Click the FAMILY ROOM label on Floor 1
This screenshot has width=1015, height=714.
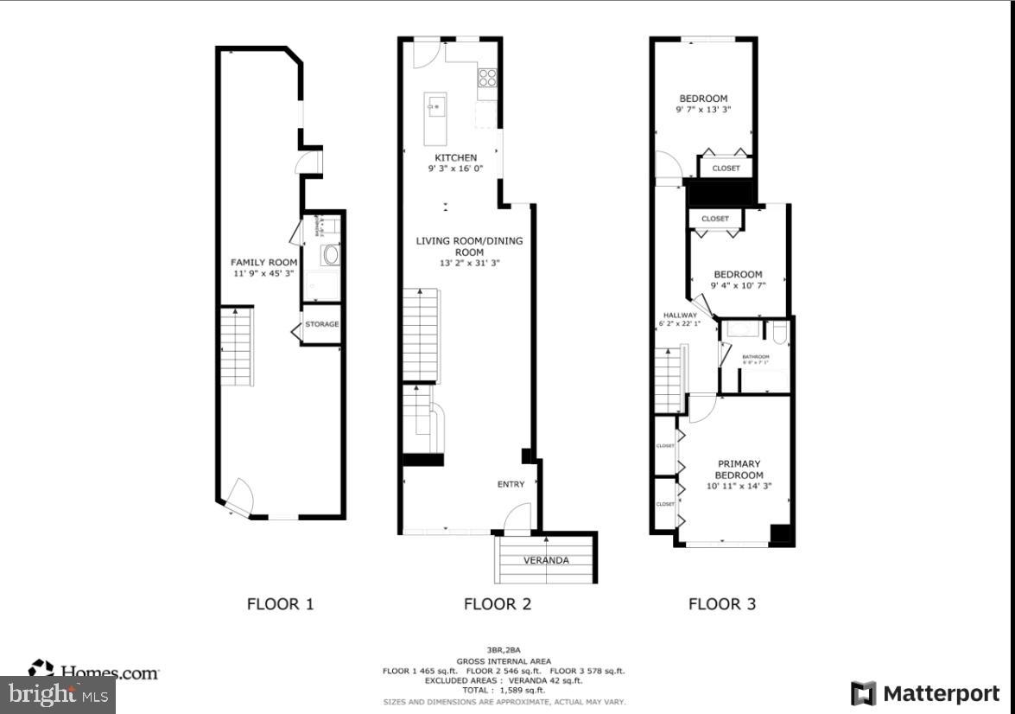(x=263, y=262)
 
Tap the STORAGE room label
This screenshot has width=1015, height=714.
(x=321, y=324)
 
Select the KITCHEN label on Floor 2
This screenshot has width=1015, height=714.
(x=455, y=157)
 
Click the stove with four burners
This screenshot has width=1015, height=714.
(x=488, y=78)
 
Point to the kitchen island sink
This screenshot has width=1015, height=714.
(x=435, y=108)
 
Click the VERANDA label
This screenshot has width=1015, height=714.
(x=546, y=560)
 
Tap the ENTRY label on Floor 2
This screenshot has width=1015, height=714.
(x=511, y=484)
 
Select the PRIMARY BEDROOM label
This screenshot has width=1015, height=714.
(x=739, y=469)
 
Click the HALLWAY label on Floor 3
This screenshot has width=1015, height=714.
(x=680, y=315)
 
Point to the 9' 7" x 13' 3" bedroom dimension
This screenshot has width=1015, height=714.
(x=703, y=110)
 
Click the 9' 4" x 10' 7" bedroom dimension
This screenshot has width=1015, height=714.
(x=738, y=286)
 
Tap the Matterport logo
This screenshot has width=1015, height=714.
(x=925, y=693)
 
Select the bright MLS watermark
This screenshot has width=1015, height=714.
(x=57, y=694)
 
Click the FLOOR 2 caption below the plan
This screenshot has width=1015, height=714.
(x=498, y=603)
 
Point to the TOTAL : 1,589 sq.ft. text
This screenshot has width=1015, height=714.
(x=504, y=690)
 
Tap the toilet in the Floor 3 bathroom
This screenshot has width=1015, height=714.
(x=779, y=333)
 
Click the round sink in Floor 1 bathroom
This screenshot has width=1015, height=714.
(x=330, y=254)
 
